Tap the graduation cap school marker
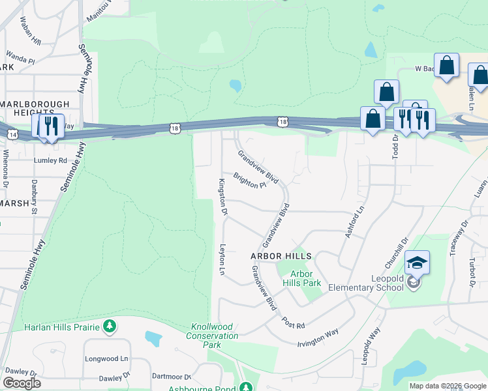click(x=417, y=263)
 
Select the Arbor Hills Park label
click(x=301, y=278)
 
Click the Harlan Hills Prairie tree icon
click(x=110, y=326)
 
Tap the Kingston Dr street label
click(x=222, y=196)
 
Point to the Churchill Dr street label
click(x=395, y=252)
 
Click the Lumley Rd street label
click(x=50, y=160)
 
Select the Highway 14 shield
click(x=14, y=134)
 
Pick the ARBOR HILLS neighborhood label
click(x=281, y=256)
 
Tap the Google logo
click(x=22, y=383)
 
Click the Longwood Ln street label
click(x=106, y=358)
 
